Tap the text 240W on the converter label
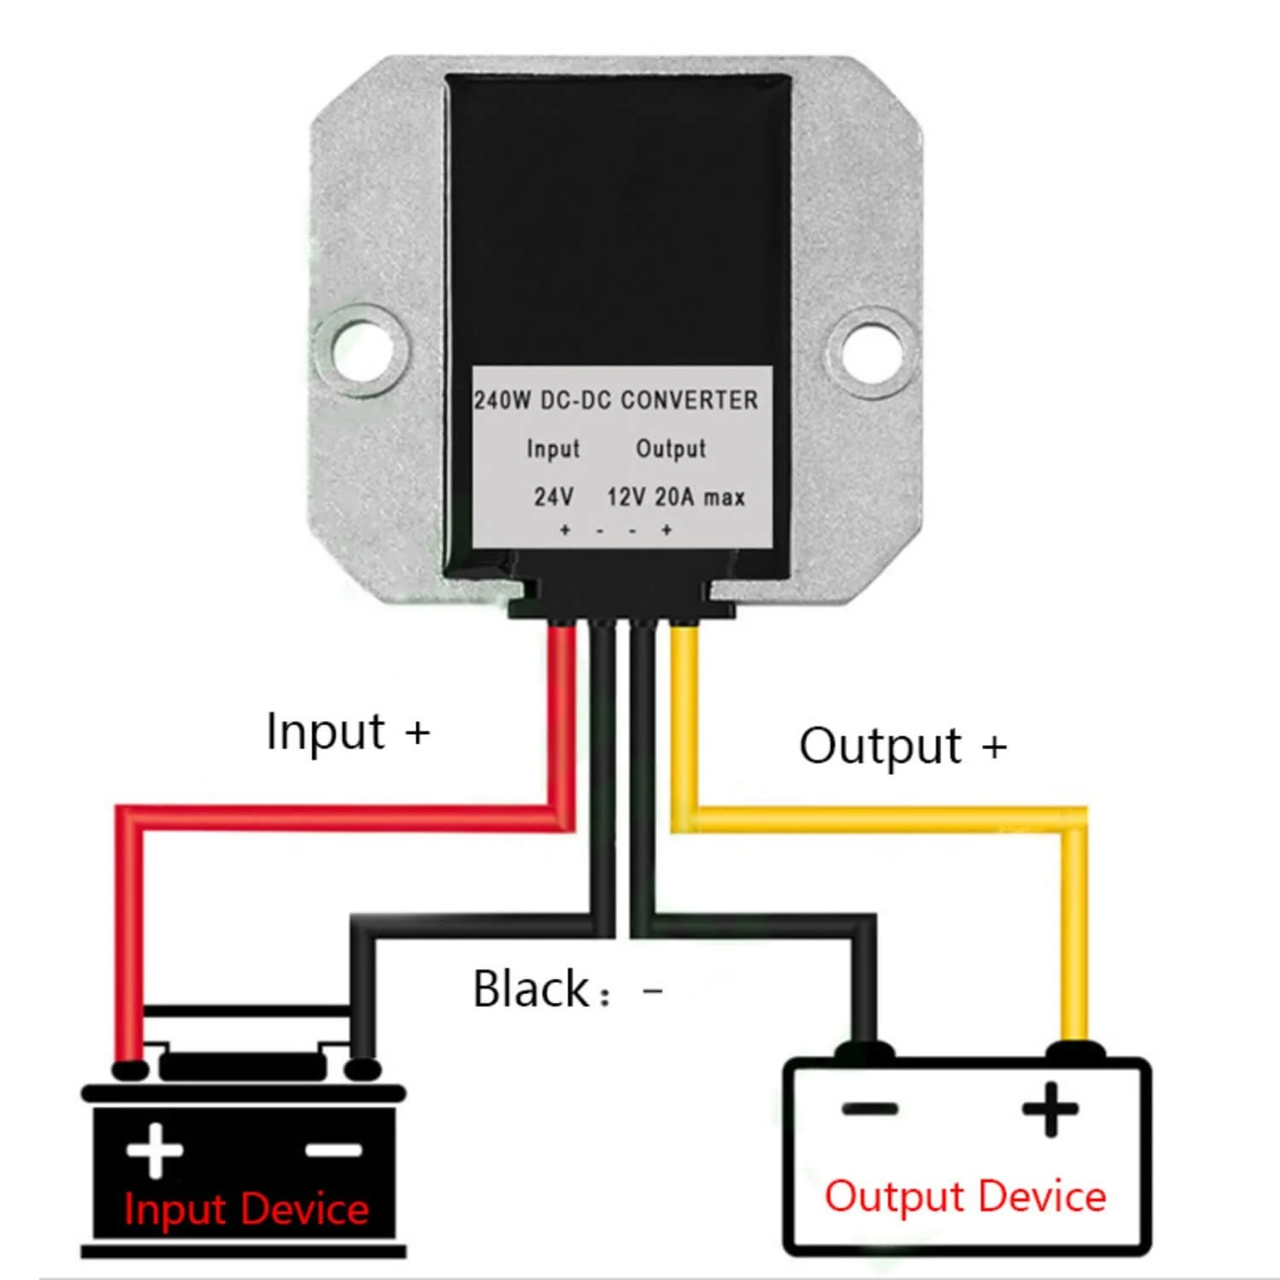coord(502,400)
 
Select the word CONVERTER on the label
coord(689,400)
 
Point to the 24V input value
coord(554,497)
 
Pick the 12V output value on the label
coord(625,497)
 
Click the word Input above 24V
coord(553,449)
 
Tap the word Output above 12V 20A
coord(671,449)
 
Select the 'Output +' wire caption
coord(903,746)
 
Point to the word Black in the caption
coord(531,990)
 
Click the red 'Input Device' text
coord(247,1210)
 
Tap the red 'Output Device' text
coord(965,1196)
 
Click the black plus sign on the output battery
coord(1050,1109)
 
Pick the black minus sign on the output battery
coord(870,1109)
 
